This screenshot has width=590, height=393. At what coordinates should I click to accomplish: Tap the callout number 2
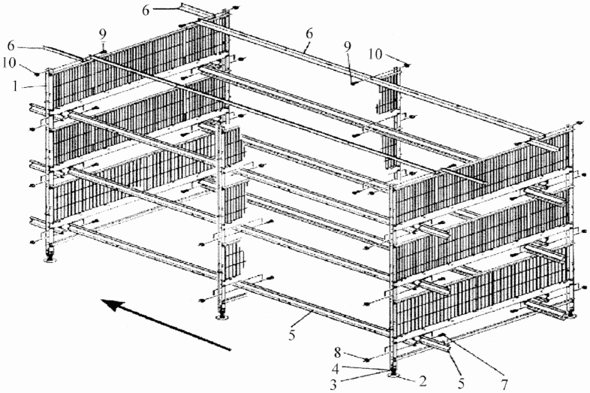point(423,381)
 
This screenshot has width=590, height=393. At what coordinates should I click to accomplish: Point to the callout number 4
point(337,366)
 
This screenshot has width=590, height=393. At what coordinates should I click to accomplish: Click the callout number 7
point(504,385)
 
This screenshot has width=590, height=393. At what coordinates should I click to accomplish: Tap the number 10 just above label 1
point(9,63)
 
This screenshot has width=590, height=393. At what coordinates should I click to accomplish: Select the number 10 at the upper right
point(375,54)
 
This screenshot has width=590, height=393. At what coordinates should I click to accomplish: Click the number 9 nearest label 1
point(103,35)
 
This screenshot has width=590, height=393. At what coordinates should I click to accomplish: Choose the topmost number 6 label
point(146,11)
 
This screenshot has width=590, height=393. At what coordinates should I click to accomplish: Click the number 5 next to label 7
point(462,384)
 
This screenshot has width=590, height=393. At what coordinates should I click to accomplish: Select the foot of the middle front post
point(222,317)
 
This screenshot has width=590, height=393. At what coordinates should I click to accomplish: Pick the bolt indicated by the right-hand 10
point(407,66)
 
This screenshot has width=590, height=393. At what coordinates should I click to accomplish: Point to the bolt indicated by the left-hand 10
point(38,74)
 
